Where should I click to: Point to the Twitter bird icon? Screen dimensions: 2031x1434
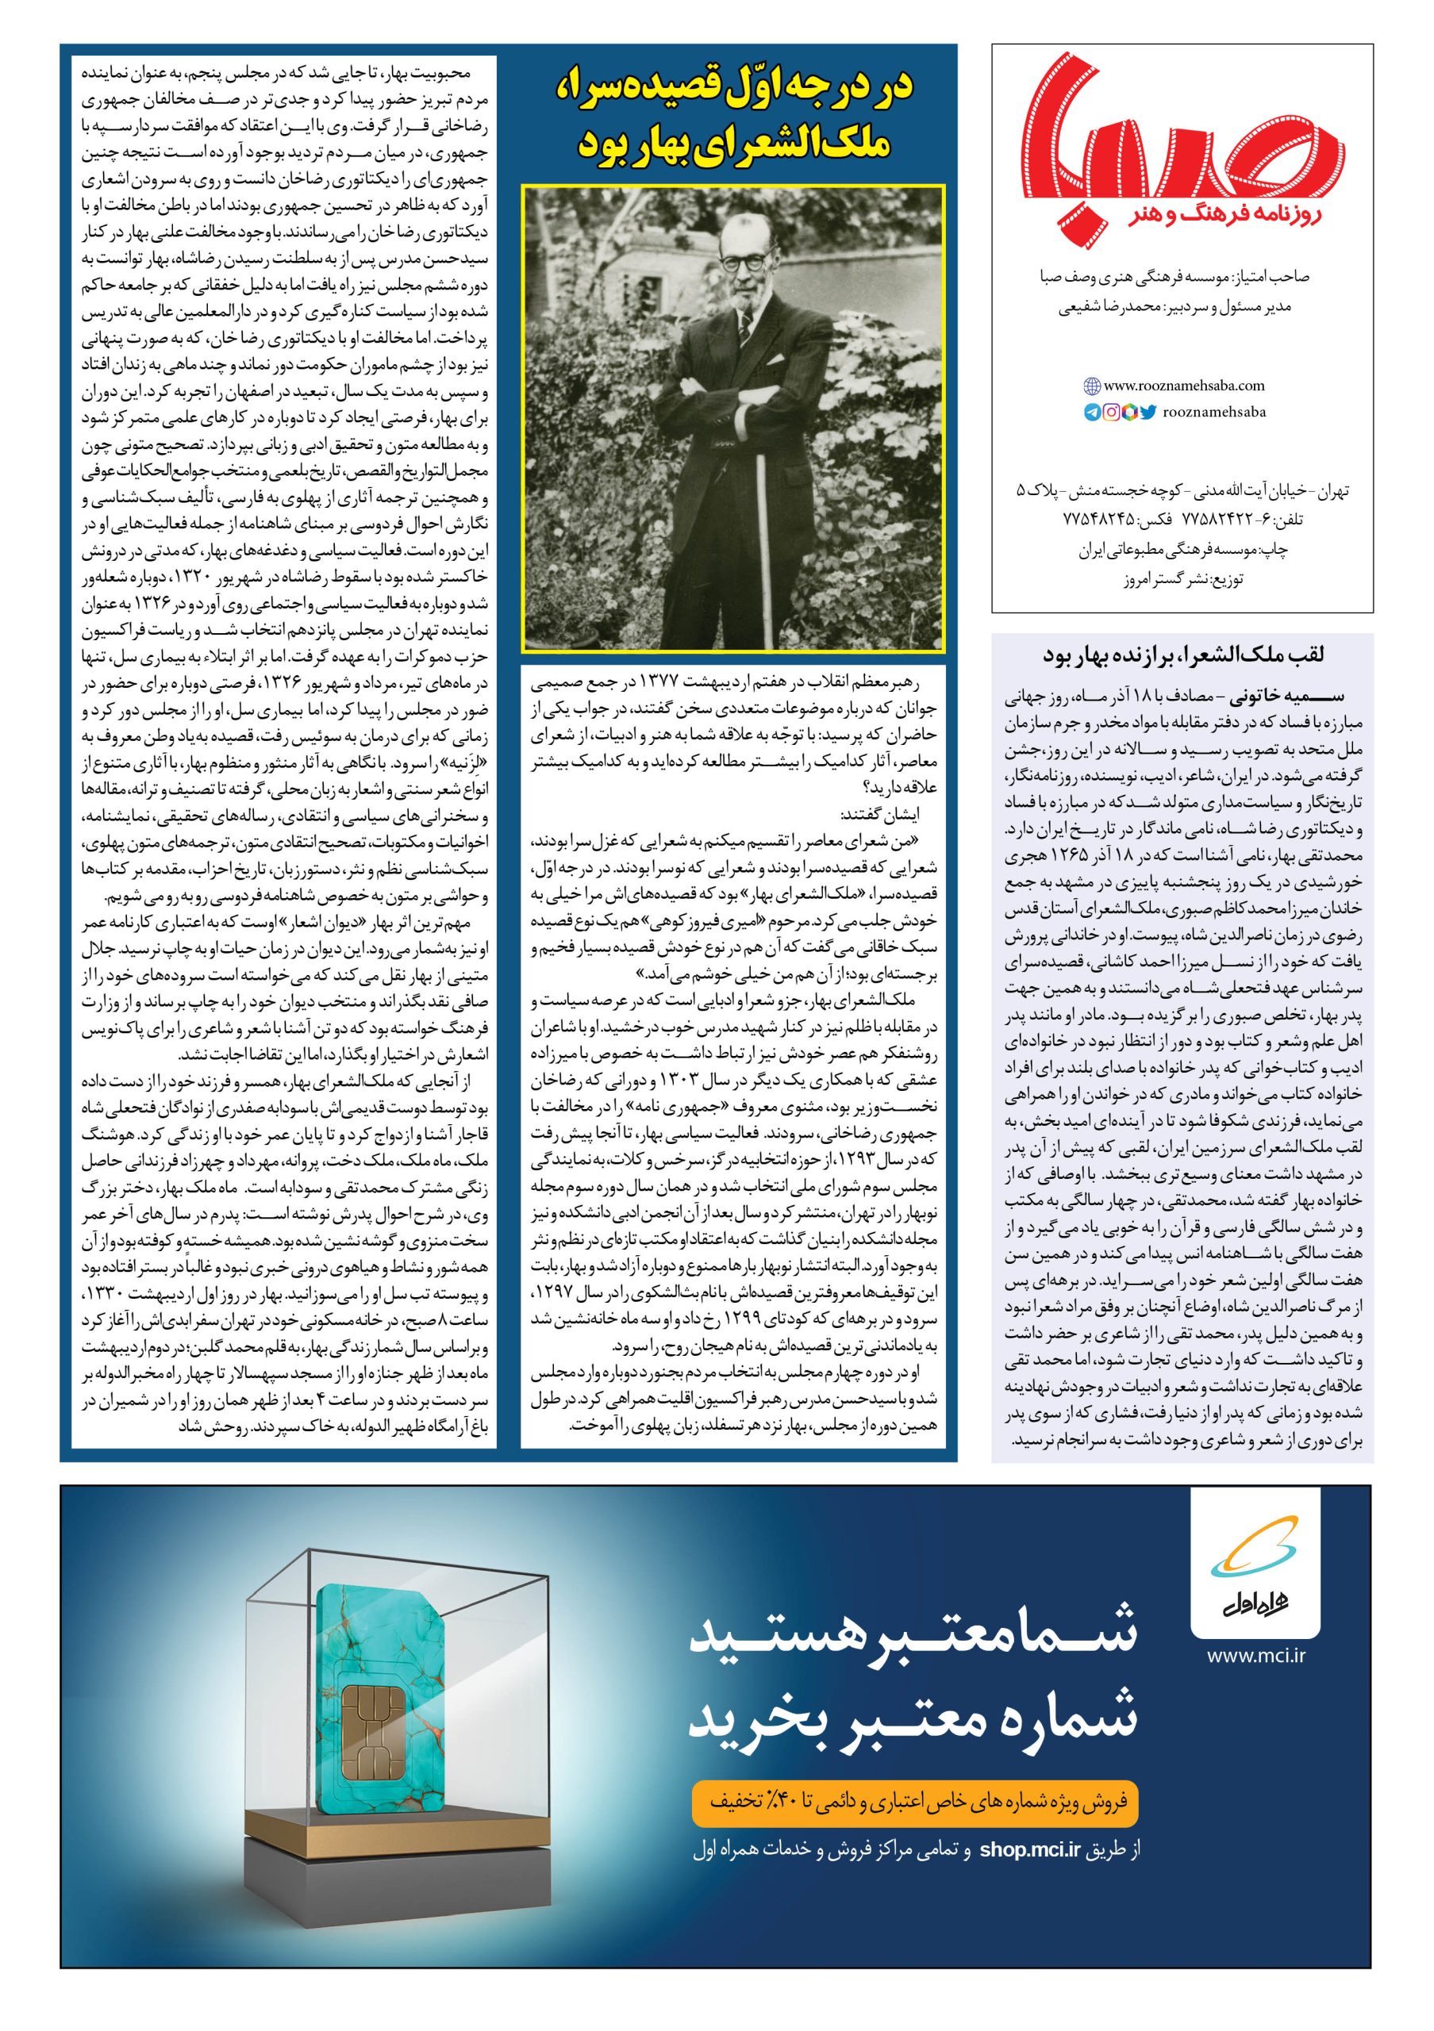coord(1148,413)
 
